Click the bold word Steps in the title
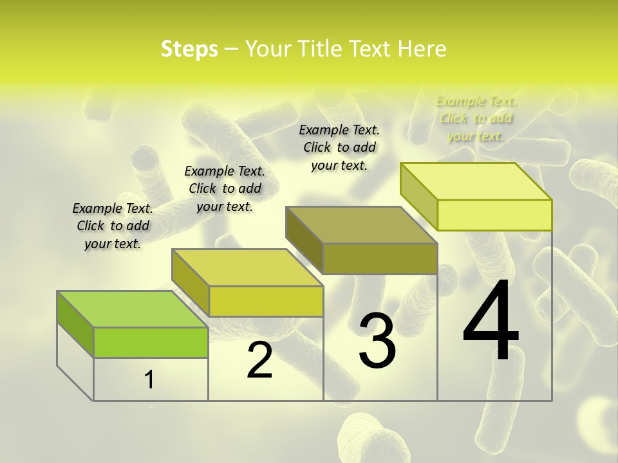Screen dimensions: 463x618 (189, 49)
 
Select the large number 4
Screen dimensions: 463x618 (491, 321)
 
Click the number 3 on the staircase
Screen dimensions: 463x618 (377, 341)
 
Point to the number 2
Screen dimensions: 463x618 (259, 360)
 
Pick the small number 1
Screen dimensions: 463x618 (149, 380)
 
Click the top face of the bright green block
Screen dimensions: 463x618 (132, 309)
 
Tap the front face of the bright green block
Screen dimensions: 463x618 (151, 342)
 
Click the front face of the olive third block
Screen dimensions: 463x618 (380, 259)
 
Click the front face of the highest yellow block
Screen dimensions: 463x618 (494, 215)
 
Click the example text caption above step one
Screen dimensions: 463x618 (113, 226)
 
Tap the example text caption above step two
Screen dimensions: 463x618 (225, 188)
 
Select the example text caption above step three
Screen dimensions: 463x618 (339, 147)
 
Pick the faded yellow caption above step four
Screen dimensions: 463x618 (476, 118)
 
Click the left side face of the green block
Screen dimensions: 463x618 (75, 323)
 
